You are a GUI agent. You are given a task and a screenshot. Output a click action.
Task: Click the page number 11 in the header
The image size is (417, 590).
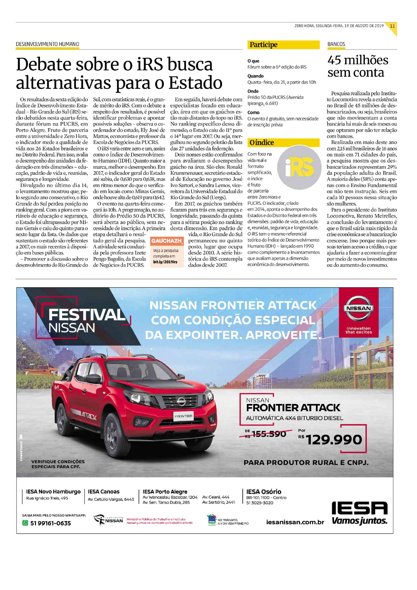coord(392,26)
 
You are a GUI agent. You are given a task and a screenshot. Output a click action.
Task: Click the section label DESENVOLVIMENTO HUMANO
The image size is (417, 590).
coord(47,44)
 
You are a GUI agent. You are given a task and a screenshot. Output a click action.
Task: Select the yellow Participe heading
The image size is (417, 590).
coord(264,45)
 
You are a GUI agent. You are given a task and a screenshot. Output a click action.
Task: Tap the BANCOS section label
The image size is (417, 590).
coord(336,44)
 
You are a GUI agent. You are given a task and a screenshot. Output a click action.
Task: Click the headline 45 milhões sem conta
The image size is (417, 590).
coord(357,66)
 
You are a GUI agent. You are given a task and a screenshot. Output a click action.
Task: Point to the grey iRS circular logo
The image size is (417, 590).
coord(299,167)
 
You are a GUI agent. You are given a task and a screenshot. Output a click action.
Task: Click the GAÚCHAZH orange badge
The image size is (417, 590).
coord(166,241)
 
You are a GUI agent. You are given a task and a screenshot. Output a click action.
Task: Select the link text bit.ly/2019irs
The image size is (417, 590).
coord(165,262)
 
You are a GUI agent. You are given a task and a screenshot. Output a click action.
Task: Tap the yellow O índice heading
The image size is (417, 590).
coord(262,143)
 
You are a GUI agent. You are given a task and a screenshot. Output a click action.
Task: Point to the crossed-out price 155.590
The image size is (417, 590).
coord(269,434)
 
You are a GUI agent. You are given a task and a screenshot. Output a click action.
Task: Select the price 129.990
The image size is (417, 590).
coord(334,440)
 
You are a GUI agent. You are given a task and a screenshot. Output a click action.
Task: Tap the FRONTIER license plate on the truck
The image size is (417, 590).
coord(184,416)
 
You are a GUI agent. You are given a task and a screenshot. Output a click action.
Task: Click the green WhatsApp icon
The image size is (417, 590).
coord(25,523)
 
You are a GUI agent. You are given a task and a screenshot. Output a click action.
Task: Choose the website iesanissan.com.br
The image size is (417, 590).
coord(295,522)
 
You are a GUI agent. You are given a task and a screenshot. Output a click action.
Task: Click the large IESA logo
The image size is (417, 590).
coord(359,508)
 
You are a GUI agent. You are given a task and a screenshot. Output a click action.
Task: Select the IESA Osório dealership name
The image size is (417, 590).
coord(264,491)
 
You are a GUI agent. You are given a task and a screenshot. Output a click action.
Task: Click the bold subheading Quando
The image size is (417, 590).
coord(256,76)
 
